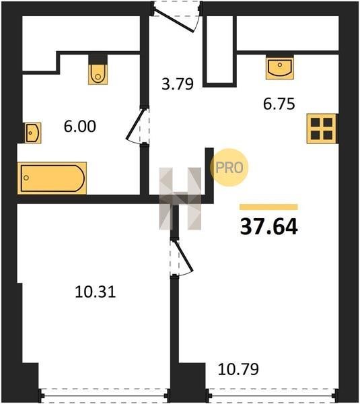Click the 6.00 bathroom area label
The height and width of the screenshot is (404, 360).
point(80,127)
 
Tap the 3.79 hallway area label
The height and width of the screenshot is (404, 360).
point(178,84)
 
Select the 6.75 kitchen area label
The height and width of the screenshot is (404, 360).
point(279,104)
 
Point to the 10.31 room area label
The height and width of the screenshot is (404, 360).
point(96,292)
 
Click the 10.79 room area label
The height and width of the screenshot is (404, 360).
point(238,369)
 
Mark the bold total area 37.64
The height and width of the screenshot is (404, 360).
point(269,226)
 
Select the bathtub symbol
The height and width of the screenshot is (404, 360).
point(52,178)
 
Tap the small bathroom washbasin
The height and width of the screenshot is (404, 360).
point(33,133)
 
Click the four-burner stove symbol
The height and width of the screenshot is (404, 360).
point(322,129)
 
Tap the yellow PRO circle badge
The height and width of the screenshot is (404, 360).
point(229,168)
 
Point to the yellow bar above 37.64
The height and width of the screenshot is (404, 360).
point(268,207)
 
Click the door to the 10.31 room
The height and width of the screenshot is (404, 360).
point(182,258)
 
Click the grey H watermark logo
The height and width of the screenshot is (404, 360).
point(180,199)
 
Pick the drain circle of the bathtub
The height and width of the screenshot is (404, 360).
point(26,178)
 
